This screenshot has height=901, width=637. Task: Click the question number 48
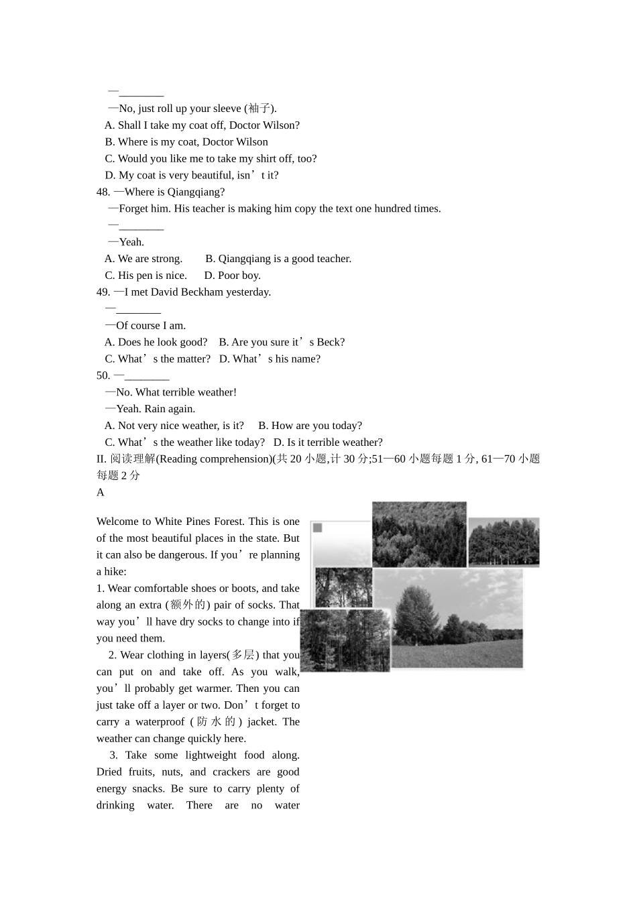pyautogui.click(x=103, y=192)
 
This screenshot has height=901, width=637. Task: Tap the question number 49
pyautogui.click(x=103, y=292)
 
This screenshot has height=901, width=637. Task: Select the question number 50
pyautogui.click(x=103, y=376)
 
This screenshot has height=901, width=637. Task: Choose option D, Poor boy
pyautogui.click(x=232, y=276)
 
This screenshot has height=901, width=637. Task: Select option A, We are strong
pyautogui.click(x=143, y=259)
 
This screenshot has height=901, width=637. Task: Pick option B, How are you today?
pyautogui.click(x=310, y=426)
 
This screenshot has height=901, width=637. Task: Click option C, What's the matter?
pyautogui.click(x=157, y=359)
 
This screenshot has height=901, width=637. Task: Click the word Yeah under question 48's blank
pyautogui.click(x=131, y=242)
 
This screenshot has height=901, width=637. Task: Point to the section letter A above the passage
pyautogui.click(x=101, y=493)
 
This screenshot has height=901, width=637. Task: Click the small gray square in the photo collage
pyautogui.click(x=318, y=528)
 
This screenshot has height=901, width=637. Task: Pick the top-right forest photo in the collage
pyautogui.click(x=504, y=542)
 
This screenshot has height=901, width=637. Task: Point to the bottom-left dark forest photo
pyautogui.click(x=345, y=640)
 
